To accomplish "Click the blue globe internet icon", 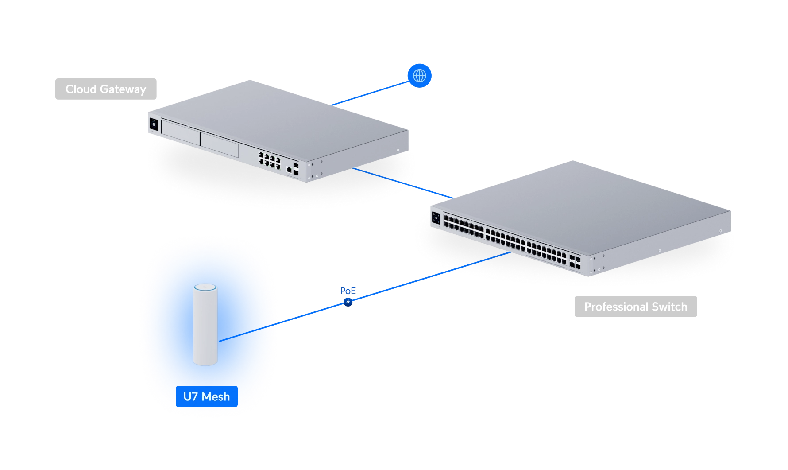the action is (419, 76).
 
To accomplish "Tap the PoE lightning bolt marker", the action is (348, 302).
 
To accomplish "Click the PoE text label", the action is (348, 291).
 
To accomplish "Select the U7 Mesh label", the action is (207, 396).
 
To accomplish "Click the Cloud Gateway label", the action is (106, 89).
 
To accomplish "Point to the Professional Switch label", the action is (636, 307).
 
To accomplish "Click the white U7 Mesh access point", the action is (205, 325).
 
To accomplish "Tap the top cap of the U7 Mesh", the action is (205, 287).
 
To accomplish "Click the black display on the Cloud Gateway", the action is (154, 124).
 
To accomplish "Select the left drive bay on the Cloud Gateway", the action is (181, 132).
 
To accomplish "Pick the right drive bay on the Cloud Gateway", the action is (220, 144).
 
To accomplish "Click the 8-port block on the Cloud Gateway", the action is (270, 160).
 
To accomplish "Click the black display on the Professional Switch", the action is (436, 218).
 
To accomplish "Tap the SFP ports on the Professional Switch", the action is (575, 262).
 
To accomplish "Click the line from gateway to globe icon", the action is (370, 93).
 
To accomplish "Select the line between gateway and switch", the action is (403, 183).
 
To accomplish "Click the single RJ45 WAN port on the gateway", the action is (289, 170).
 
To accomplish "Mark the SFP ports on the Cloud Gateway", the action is (296, 169).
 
